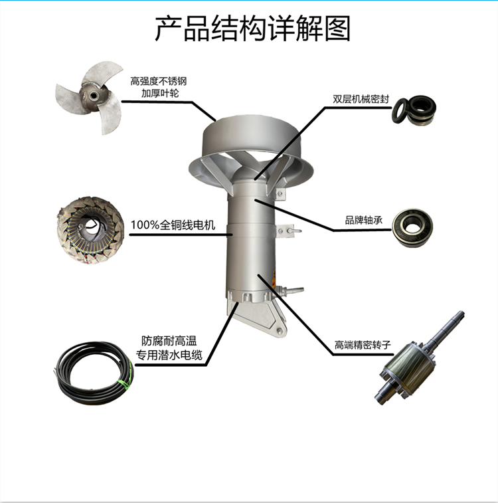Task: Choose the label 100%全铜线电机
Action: click(x=173, y=225)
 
